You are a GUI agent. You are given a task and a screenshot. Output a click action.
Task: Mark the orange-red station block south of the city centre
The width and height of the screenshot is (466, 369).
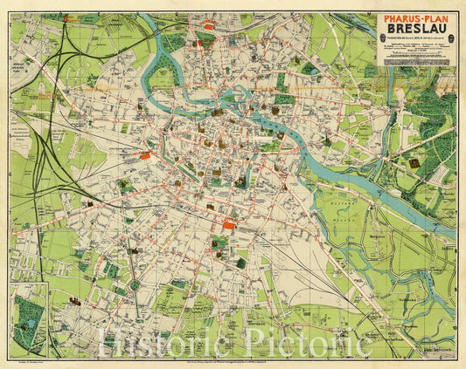(228, 224)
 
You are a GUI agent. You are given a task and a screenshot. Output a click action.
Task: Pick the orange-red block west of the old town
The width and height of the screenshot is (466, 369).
(144, 155)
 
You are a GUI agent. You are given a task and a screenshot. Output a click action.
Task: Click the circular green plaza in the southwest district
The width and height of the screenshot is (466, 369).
(135, 284)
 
